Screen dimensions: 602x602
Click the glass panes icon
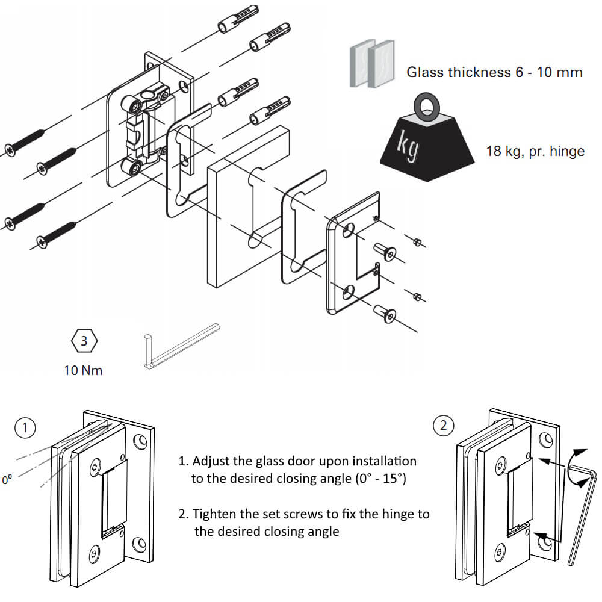coord(371,64)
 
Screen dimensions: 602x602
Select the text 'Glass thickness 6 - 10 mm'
coord(494,73)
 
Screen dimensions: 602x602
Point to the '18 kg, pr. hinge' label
coord(535,150)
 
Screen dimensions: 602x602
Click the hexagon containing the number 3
coord(84,341)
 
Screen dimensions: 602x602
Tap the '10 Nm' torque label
coord(84,370)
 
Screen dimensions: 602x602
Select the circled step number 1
coord(25,428)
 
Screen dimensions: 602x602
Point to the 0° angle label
coord(7,480)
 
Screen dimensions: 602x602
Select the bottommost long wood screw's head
coord(42,242)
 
